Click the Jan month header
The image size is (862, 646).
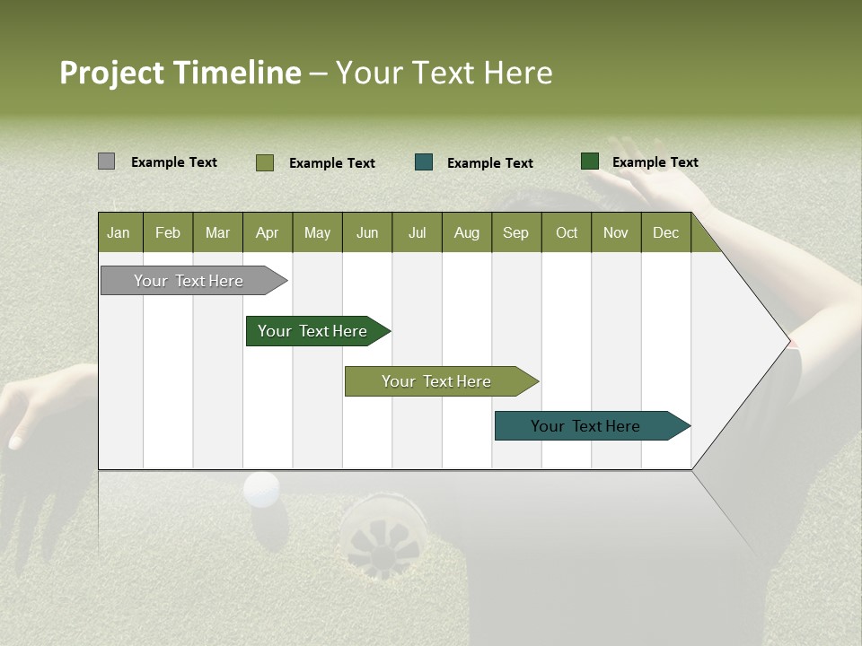pyautogui.click(x=119, y=233)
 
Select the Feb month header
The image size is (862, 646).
pyautogui.click(x=168, y=233)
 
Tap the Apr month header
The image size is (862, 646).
pyautogui.click(x=267, y=233)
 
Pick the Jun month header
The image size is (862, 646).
pyautogui.click(x=366, y=233)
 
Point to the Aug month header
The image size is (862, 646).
pyautogui.click(x=466, y=233)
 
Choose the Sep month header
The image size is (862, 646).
pyautogui.click(x=515, y=233)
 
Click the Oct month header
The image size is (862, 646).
pyautogui.click(x=566, y=233)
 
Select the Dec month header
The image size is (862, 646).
pyautogui.click(x=665, y=233)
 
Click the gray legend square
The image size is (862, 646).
pyautogui.click(x=106, y=161)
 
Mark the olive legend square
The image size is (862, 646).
pyautogui.click(x=264, y=162)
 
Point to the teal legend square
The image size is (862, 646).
pyautogui.click(x=424, y=162)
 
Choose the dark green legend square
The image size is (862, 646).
pyautogui.click(x=589, y=161)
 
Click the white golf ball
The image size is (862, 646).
pyautogui.click(x=261, y=490)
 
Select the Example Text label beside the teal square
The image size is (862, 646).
pyautogui.click(x=489, y=163)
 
